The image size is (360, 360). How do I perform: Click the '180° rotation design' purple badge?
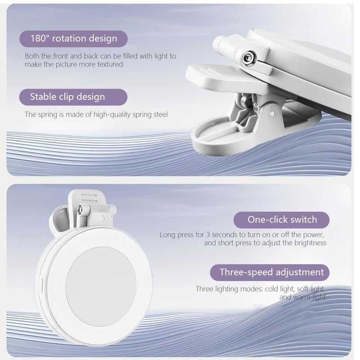tap(73, 38)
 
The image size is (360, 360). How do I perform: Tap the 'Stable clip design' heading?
tap(73, 97)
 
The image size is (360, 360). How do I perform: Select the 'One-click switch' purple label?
tap(282, 220)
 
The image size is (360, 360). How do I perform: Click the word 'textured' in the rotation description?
tap(109, 64)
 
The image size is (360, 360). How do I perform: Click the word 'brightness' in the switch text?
tap(310, 243)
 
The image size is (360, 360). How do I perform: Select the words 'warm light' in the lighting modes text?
tap(308, 297)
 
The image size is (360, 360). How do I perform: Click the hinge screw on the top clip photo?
tap(246, 57)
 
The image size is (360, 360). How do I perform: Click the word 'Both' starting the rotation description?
tap(32, 56)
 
